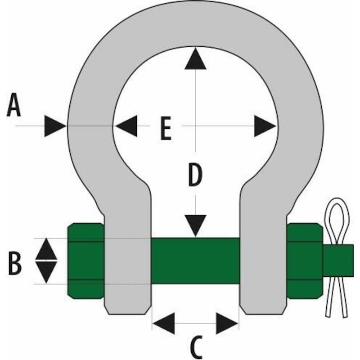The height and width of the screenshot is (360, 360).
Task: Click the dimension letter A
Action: click(14, 105)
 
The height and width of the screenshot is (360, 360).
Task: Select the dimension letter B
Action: click(15, 263)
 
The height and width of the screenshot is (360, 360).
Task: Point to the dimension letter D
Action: click(195, 175)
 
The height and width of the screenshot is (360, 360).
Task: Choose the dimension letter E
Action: click(166, 128)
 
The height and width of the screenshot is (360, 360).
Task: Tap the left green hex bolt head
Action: click(86, 261)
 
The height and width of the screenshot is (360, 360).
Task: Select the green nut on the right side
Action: click(305, 261)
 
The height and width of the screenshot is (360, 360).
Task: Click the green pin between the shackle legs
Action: click(195, 261)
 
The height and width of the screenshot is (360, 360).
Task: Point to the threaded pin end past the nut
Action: click(338, 261)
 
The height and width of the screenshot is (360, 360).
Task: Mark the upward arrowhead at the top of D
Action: click(195, 58)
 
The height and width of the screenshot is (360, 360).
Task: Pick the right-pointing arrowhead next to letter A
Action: click(55, 126)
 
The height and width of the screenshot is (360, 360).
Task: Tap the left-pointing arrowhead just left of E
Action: click(126, 126)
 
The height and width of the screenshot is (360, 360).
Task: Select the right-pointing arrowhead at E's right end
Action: click(265, 126)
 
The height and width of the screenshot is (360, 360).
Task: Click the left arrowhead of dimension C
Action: click(164, 323)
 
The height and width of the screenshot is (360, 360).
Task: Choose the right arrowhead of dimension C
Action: click(227, 323)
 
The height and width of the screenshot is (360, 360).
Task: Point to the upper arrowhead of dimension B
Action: click(46, 249)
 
